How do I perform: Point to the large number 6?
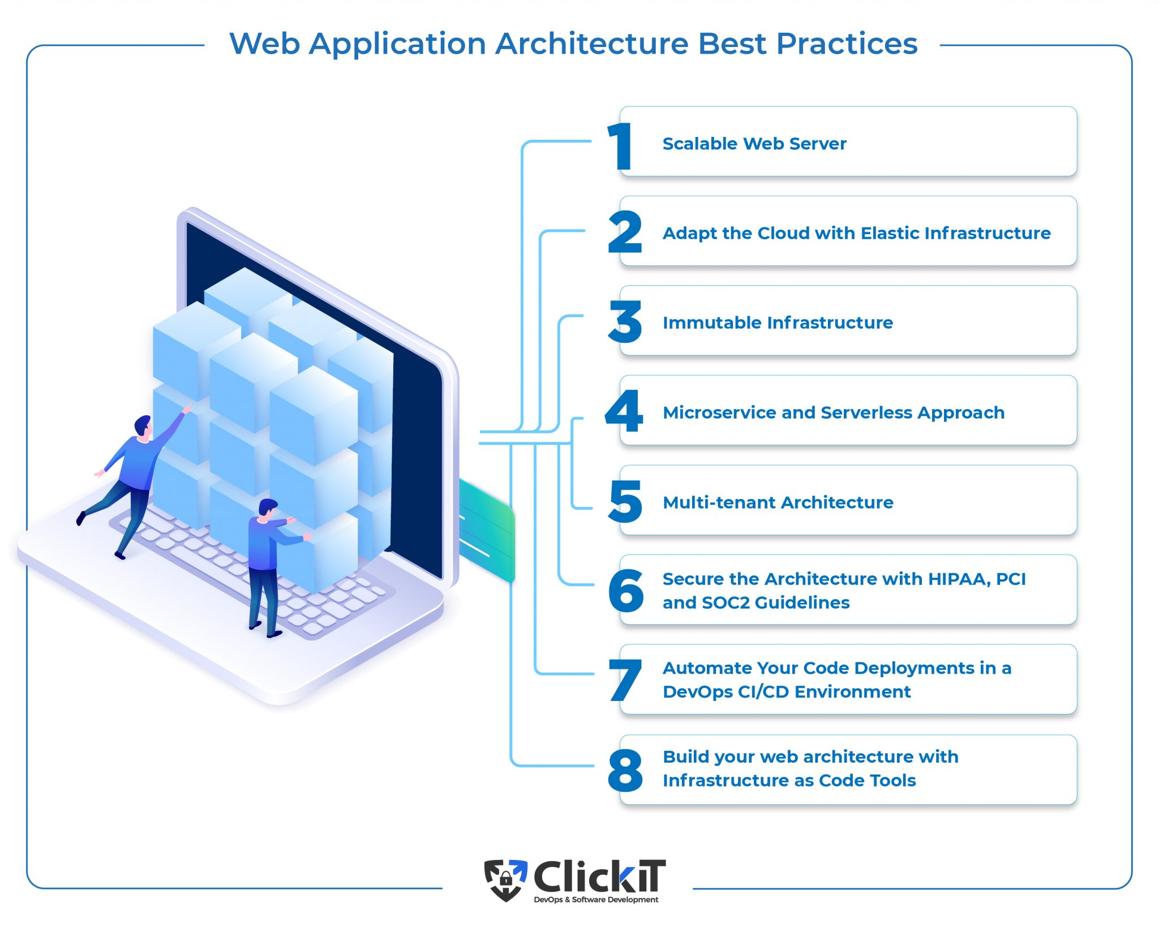click(x=626, y=591)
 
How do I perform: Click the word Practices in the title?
click(x=847, y=44)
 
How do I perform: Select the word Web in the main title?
click(x=264, y=44)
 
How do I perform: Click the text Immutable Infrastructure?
click(x=778, y=322)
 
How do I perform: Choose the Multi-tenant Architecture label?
click(x=778, y=502)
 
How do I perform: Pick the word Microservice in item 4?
click(x=719, y=412)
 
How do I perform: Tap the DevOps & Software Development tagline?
click(x=596, y=900)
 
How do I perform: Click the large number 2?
click(x=625, y=232)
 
